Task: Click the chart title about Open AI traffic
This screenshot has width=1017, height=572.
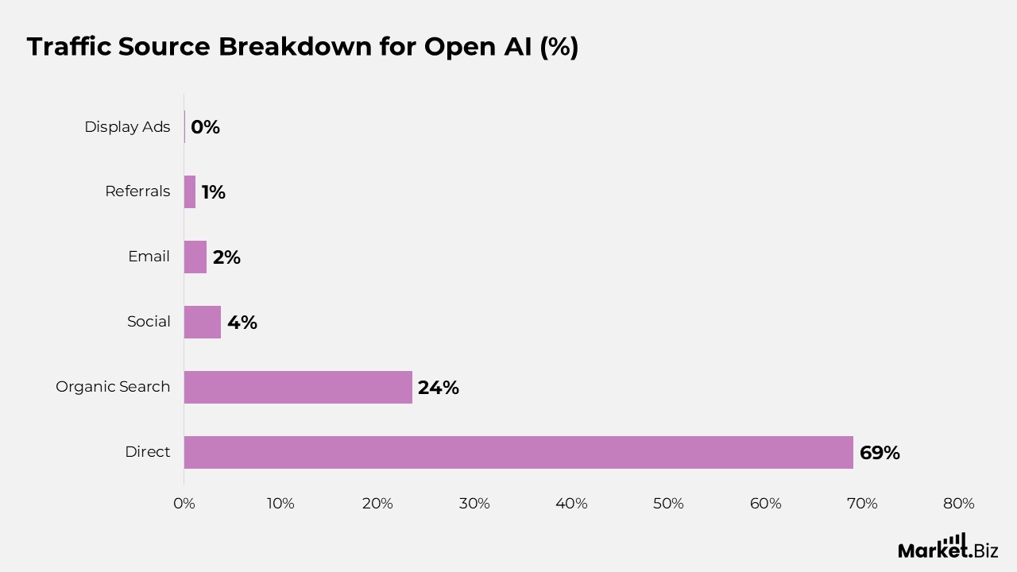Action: (303, 47)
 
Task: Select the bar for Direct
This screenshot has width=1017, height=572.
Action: (518, 452)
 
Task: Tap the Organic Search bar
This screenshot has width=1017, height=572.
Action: (298, 387)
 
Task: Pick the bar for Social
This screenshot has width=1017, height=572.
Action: (203, 322)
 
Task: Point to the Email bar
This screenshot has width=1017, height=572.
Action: (195, 257)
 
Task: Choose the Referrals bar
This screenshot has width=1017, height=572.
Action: (190, 191)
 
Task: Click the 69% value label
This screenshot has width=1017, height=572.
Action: (880, 453)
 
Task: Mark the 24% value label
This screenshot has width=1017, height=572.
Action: (439, 388)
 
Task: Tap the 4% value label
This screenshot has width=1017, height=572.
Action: (242, 323)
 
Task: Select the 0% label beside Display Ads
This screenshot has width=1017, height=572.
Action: (205, 127)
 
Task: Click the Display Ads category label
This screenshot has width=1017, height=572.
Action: (127, 127)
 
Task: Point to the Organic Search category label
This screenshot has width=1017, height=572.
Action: (113, 387)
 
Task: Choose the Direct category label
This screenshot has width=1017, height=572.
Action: (148, 452)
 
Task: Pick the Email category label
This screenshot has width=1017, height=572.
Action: (149, 257)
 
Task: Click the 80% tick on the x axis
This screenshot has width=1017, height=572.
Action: (959, 504)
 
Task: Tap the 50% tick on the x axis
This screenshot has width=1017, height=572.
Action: (668, 504)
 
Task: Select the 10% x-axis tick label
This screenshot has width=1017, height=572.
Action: (280, 504)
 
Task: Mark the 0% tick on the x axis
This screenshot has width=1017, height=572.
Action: (184, 504)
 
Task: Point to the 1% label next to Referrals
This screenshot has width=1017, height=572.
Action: (213, 192)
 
